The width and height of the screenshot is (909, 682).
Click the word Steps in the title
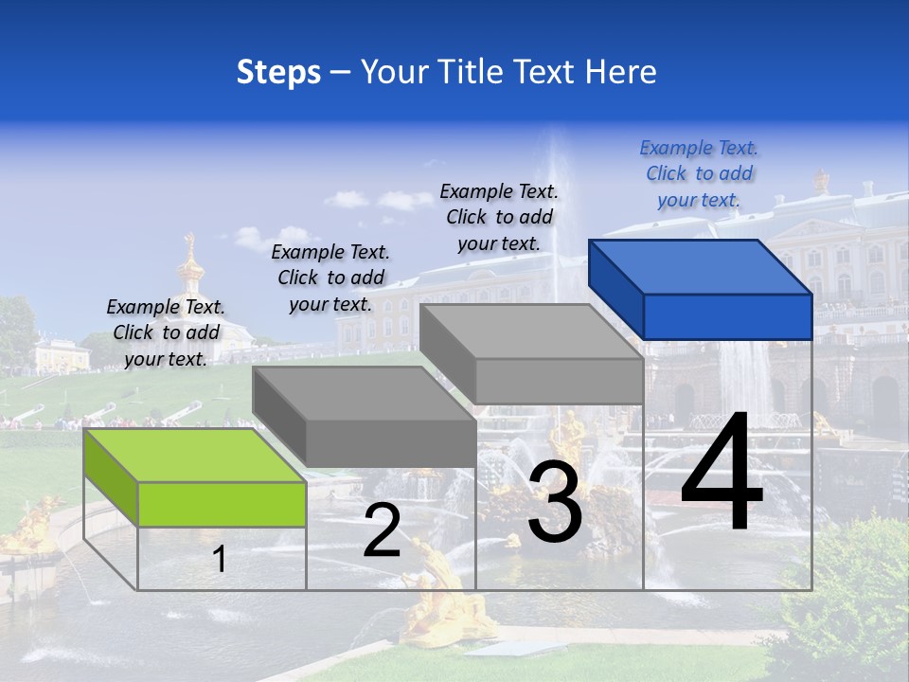(x=278, y=72)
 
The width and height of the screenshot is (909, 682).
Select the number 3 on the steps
(x=554, y=502)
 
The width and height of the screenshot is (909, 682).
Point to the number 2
(x=382, y=530)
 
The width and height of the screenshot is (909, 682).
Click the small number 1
(x=219, y=559)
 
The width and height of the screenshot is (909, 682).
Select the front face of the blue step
(x=727, y=316)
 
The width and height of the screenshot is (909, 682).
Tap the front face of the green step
(x=222, y=504)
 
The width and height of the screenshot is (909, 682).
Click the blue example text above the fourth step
(x=699, y=173)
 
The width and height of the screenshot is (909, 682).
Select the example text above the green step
(x=166, y=332)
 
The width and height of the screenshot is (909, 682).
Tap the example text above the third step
(x=499, y=217)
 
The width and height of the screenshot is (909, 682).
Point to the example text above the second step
(x=330, y=278)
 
